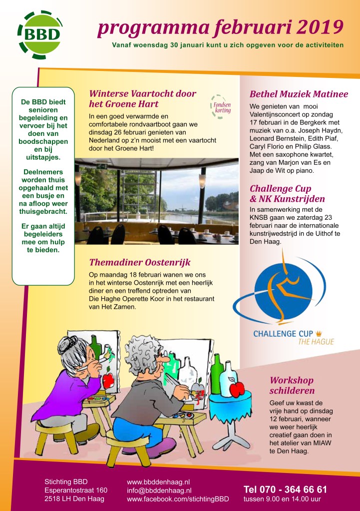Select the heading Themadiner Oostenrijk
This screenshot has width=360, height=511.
140,263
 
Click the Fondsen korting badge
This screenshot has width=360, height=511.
220,106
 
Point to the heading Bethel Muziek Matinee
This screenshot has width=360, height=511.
299,94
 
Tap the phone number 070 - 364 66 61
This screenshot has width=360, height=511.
285,489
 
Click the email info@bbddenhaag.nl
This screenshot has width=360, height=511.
159,491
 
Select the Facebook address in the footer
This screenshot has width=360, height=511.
178,499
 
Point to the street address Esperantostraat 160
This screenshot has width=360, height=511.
76,491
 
